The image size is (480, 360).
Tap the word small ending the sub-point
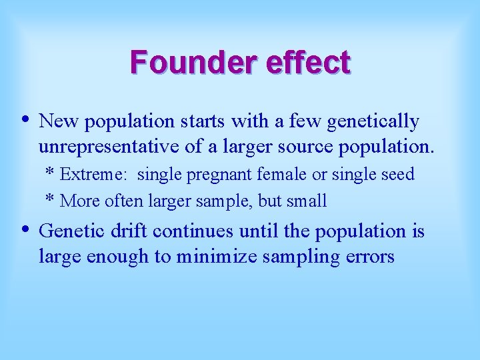pos(306,200)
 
